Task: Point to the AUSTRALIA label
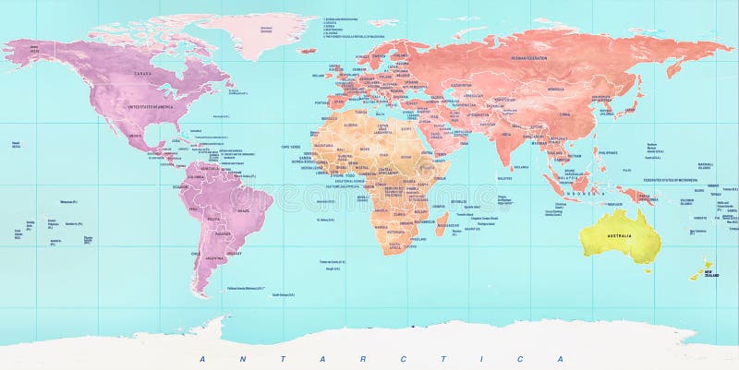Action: click(618, 236)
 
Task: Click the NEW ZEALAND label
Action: click(710, 274)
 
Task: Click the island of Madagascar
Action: click(442, 222)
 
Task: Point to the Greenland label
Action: click(266, 29)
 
